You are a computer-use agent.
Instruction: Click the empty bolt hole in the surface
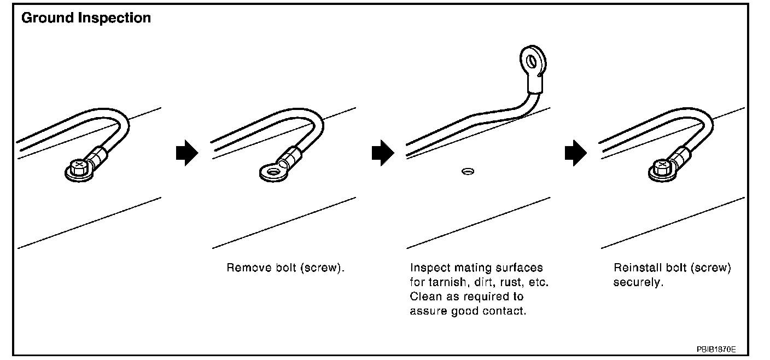tap(468, 172)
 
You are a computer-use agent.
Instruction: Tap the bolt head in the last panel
tap(661, 165)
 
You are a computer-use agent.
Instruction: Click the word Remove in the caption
tap(245, 269)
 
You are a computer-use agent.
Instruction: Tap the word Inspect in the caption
tap(428, 269)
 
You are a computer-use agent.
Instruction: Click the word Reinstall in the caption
tap(635, 269)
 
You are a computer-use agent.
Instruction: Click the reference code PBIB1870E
tap(716, 349)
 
